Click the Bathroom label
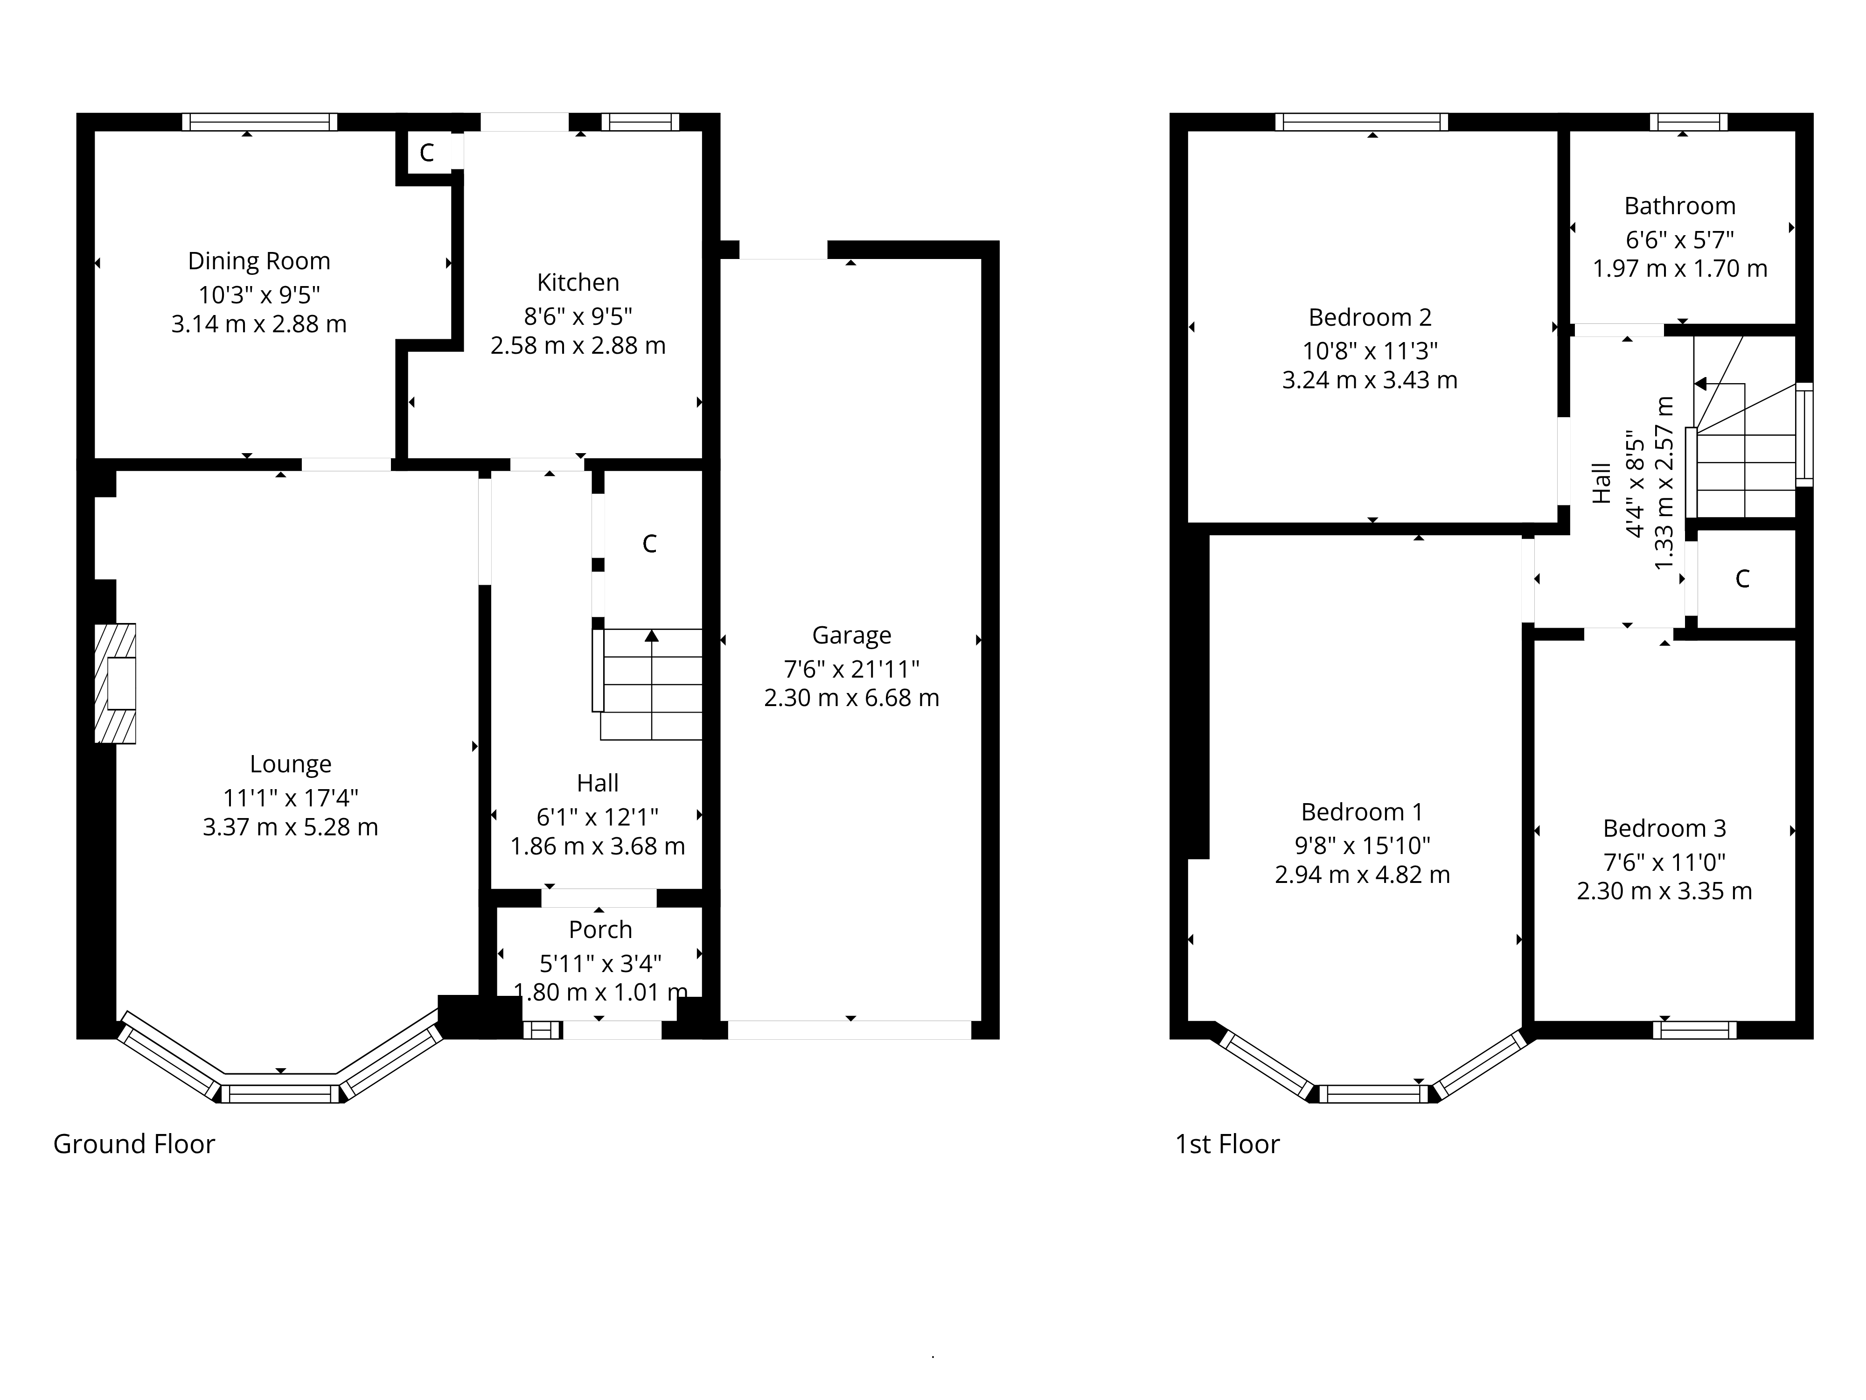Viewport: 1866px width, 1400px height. (1679, 206)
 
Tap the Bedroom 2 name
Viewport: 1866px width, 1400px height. (1370, 317)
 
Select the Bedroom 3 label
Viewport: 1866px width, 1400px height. (1664, 829)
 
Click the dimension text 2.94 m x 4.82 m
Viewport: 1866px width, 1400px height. (1362, 874)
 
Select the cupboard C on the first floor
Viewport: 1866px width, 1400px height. (1743, 579)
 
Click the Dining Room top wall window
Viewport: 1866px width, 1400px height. (260, 121)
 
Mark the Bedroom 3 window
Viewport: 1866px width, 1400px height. (1695, 1029)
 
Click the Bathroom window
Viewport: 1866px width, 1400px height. (1689, 121)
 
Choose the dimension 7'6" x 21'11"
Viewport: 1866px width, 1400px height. (851, 669)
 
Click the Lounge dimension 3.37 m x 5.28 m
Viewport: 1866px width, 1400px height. (290, 827)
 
